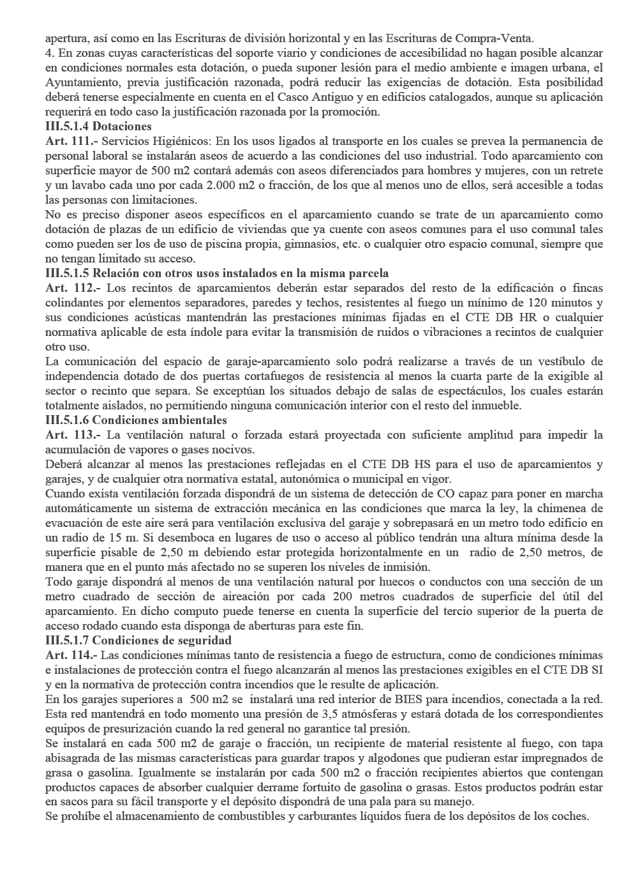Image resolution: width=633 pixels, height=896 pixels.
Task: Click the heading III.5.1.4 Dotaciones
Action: (x=98, y=126)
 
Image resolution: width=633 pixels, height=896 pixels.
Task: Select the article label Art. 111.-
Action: (x=70, y=141)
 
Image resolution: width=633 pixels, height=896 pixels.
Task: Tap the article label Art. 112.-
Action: (x=70, y=288)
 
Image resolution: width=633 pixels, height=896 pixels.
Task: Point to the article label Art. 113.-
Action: (x=70, y=435)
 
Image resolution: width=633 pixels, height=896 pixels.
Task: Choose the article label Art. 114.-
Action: (x=70, y=655)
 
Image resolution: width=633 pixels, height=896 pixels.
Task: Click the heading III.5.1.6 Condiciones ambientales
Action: (x=136, y=420)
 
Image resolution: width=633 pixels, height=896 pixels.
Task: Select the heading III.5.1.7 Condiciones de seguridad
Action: (x=138, y=641)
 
